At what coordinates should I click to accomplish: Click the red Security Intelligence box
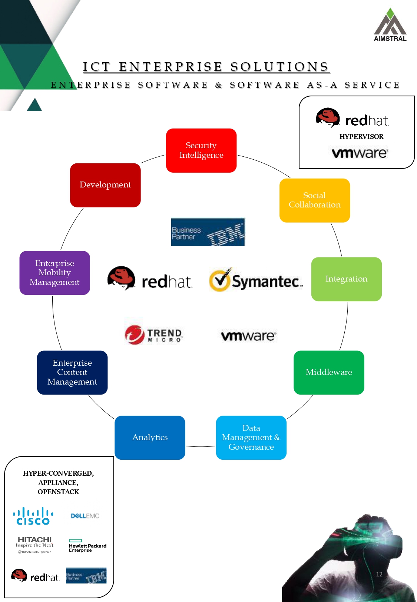(x=201, y=150)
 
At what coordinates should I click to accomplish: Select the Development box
(x=105, y=185)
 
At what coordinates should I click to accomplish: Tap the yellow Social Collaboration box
(x=314, y=200)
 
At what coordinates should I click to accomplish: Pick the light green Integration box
(x=346, y=279)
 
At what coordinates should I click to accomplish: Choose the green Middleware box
(x=329, y=372)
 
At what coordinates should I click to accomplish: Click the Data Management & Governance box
(x=251, y=438)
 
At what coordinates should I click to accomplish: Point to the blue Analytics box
(x=150, y=438)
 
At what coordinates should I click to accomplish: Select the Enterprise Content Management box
(x=72, y=372)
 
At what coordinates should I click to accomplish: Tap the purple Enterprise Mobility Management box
(x=54, y=273)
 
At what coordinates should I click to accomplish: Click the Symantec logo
(x=256, y=280)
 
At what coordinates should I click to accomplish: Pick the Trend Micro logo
(x=153, y=335)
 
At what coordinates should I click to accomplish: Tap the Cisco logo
(x=33, y=516)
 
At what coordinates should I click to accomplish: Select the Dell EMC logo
(x=85, y=516)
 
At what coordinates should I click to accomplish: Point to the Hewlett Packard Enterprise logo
(x=87, y=546)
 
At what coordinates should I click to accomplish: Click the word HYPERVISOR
(x=361, y=137)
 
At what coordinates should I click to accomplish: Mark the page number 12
(x=379, y=574)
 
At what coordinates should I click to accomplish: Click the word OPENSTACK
(x=58, y=492)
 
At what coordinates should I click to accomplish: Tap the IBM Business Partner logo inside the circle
(x=208, y=232)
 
